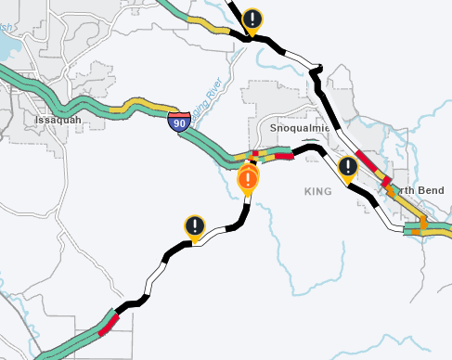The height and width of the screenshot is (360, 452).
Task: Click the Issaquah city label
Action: tap(58, 120)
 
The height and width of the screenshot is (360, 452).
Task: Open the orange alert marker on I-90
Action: tap(248, 177)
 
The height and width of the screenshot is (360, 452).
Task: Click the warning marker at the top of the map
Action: tap(252, 19)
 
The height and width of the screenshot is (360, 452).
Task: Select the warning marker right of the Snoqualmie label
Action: tap(347, 166)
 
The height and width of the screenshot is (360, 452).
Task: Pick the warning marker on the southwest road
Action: tap(194, 225)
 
